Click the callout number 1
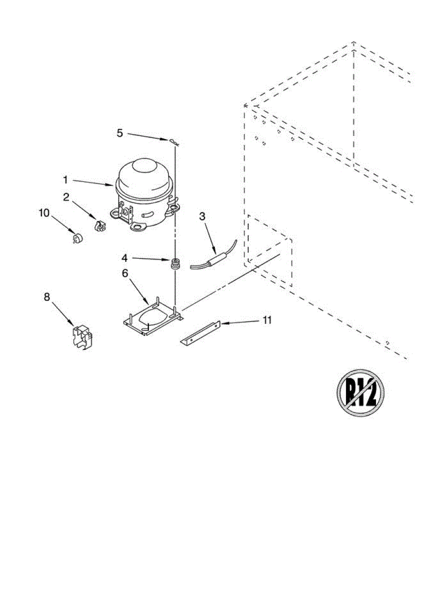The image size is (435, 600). (66, 178)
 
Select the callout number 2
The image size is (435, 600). (66, 197)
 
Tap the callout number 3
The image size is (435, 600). (202, 216)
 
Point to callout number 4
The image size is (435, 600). (124, 258)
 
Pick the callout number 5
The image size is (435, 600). (120, 132)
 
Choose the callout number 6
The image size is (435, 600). (125, 273)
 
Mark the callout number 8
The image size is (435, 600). (47, 297)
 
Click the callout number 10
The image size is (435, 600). (44, 212)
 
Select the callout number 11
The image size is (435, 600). (268, 320)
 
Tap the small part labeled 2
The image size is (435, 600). (100, 225)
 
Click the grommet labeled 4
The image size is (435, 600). (175, 263)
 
